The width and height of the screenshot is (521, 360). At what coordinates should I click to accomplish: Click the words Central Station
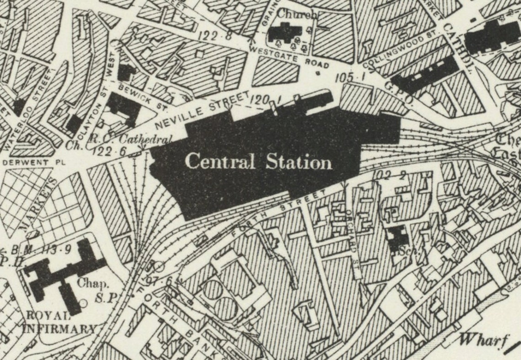[258, 162]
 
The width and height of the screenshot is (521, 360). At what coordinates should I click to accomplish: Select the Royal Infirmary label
[60, 322]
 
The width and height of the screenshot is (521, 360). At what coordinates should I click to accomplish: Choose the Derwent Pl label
[34, 162]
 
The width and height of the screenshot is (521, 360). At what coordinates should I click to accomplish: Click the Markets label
[39, 203]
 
